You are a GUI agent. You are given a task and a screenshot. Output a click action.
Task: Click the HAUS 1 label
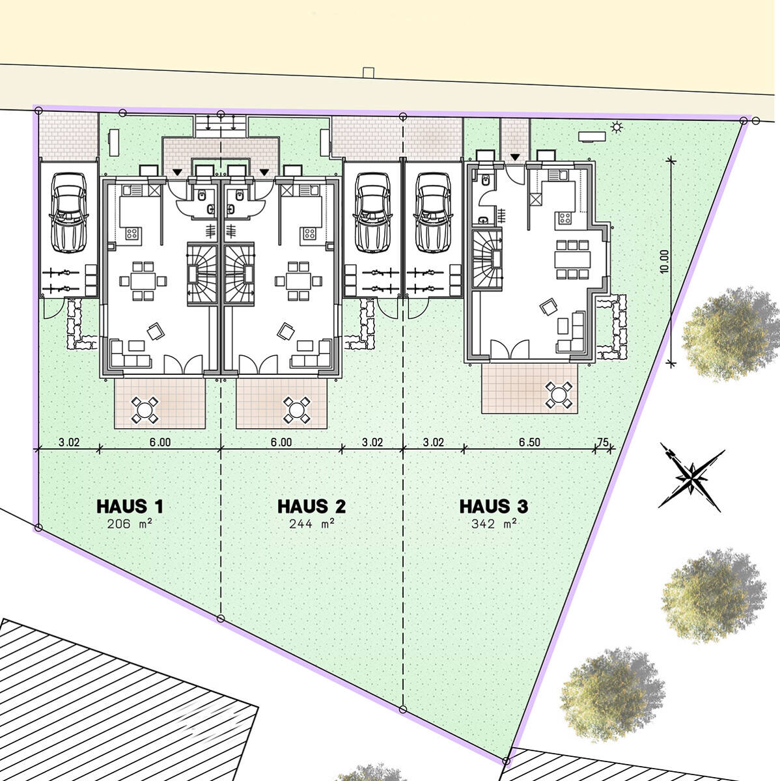tap(130, 506)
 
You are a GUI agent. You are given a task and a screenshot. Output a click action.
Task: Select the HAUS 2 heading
tap(311, 506)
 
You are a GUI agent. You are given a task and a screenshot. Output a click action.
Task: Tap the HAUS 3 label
tap(494, 506)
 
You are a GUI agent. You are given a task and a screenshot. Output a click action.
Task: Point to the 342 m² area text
tap(494, 524)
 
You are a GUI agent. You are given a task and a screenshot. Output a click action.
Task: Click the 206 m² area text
tap(130, 524)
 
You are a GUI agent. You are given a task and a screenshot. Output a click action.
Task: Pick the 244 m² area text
tap(311, 524)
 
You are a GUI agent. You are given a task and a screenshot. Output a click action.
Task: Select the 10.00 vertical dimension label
tap(663, 262)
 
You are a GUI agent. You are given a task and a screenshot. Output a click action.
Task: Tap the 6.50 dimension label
tap(529, 442)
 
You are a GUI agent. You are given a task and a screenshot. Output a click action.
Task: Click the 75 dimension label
tap(603, 442)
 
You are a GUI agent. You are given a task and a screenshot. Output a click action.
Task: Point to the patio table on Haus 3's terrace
tap(559, 394)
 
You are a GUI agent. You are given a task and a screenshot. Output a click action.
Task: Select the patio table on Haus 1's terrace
tap(145, 410)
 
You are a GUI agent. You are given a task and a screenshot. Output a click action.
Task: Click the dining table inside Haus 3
tap(572, 260)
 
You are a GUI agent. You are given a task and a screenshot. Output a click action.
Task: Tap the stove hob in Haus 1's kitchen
tap(132, 234)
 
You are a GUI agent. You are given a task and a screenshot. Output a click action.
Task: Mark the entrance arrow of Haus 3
tap(515, 157)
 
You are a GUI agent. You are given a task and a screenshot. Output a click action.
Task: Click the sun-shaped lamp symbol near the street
tap(617, 128)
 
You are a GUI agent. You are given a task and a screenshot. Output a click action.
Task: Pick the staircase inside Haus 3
tap(487, 258)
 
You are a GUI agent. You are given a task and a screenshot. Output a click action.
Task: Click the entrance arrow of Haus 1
tap(177, 172)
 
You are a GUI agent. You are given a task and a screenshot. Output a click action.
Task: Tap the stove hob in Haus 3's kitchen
tap(564, 219)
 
